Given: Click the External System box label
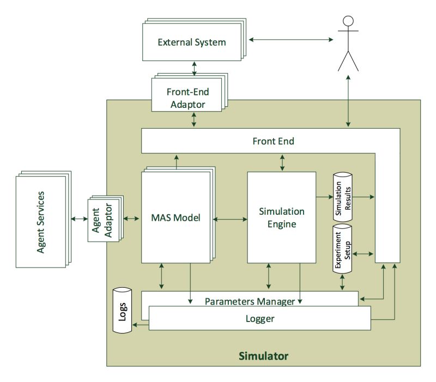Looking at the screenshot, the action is [x=192, y=43].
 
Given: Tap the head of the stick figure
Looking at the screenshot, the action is [x=348, y=21].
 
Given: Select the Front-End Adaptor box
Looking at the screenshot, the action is [x=186, y=95].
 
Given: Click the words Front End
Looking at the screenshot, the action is [x=274, y=141].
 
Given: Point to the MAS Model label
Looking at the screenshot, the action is [x=175, y=217].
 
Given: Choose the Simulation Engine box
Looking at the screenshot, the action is [x=282, y=217].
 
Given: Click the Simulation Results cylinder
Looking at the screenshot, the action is [x=343, y=197].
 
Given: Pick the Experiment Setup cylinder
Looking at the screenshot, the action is [x=342, y=249].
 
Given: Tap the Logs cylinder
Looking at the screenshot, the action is [x=122, y=310].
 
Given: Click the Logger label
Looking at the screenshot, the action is [x=260, y=319].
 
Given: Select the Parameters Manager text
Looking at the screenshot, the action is [x=250, y=301].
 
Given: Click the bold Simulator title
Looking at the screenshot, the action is [x=264, y=356].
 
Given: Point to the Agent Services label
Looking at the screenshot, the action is [x=41, y=222].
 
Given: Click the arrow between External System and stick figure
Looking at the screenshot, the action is [x=291, y=39].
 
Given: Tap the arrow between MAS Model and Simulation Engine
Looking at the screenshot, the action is [x=230, y=220].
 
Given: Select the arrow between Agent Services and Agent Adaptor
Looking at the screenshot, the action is [x=80, y=219].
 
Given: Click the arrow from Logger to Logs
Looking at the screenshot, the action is [x=141, y=325].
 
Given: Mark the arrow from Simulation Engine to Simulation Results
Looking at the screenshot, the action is [x=324, y=197].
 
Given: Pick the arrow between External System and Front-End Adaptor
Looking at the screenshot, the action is [x=194, y=69].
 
